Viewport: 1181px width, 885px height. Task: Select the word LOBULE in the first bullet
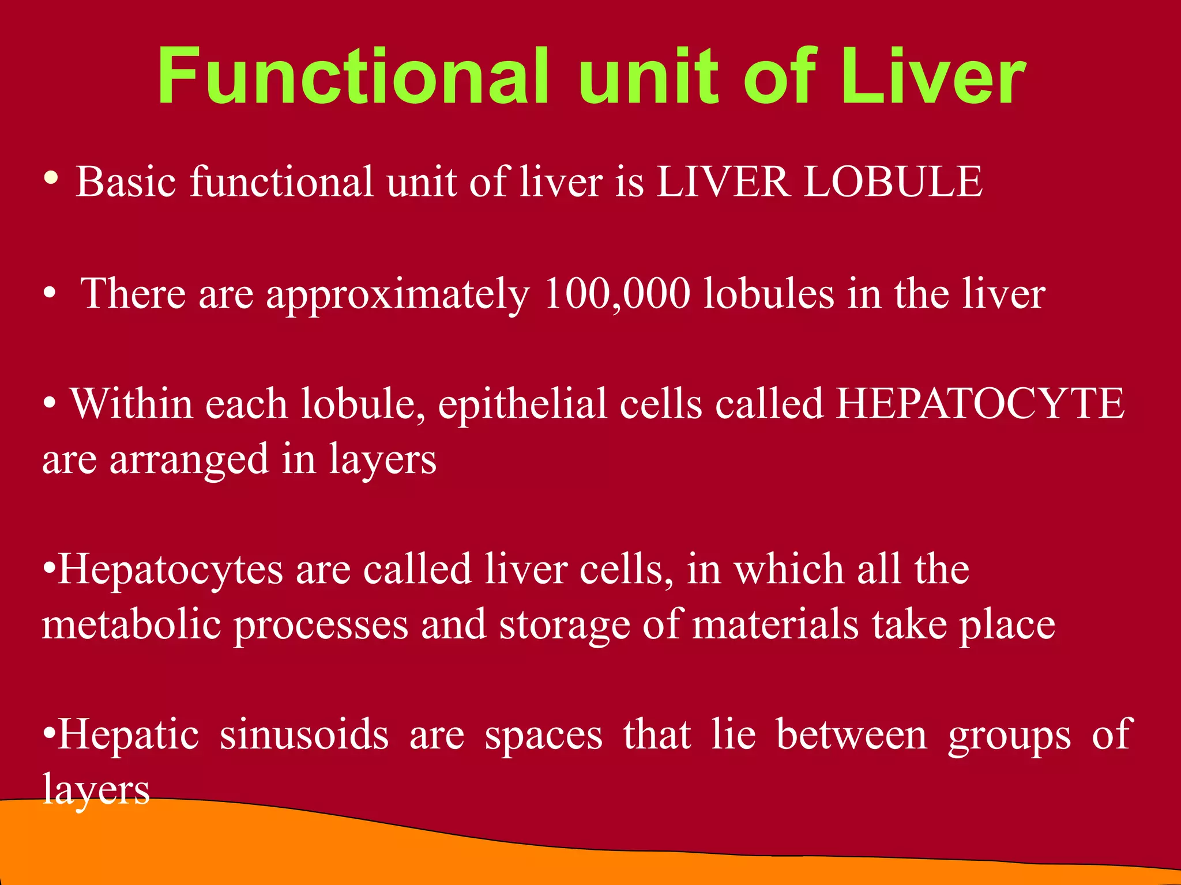[893, 182]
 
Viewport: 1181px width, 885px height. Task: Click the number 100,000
[616, 294]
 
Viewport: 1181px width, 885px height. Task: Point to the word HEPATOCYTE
[980, 404]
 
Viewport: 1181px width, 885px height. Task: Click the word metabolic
[131, 625]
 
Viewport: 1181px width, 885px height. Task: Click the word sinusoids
[304, 735]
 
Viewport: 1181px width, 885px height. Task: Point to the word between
[852, 735]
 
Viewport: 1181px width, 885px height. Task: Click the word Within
[131, 404]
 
